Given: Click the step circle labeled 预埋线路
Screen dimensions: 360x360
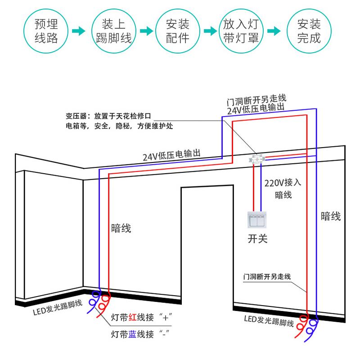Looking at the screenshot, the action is coord(47,31).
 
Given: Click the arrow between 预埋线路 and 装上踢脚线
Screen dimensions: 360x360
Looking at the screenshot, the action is coord(79,31).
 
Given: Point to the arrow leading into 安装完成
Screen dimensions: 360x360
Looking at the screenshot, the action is coord(274,31).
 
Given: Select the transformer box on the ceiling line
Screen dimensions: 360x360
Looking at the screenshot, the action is coord(258,158).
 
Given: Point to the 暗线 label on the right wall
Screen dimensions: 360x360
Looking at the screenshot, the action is coord(331,216).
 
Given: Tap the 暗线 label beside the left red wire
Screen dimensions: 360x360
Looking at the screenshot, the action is coord(121,228).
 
